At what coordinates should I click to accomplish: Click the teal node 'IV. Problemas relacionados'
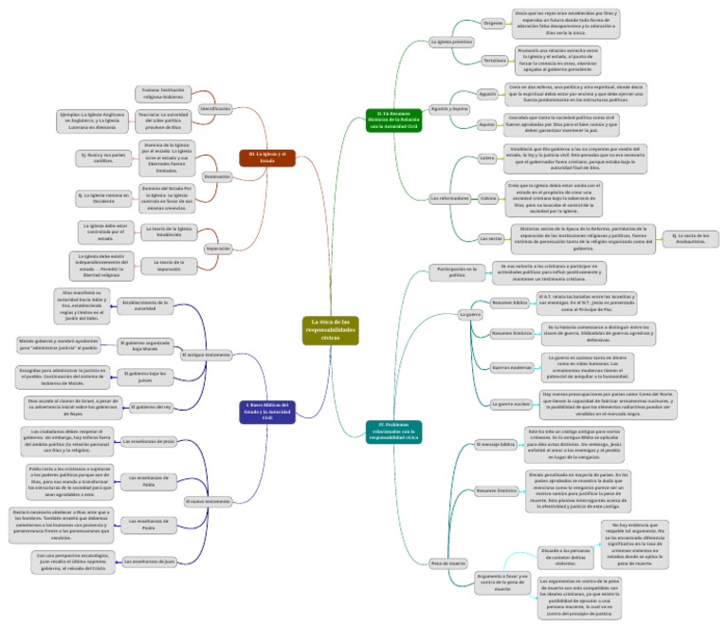click(392, 431)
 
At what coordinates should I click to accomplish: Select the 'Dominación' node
click(216, 176)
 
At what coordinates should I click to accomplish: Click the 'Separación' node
click(217, 248)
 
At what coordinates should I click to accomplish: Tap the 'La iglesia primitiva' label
click(451, 43)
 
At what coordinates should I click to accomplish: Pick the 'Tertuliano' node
click(494, 60)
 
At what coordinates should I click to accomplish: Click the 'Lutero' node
click(487, 157)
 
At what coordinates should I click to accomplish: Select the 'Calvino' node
click(488, 197)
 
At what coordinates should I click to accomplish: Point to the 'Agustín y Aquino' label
click(450, 109)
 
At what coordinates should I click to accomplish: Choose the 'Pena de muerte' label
click(449, 563)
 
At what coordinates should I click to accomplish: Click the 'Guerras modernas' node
click(512, 366)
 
